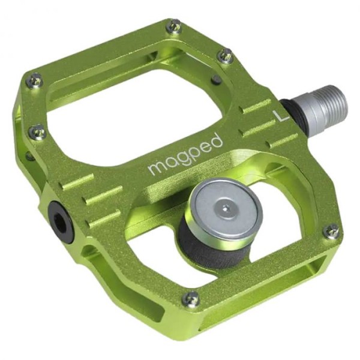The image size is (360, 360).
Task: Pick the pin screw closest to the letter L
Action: pyautogui.click(x=225, y=56)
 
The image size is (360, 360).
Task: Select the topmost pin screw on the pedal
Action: pyautogui.click(x=174, y=26)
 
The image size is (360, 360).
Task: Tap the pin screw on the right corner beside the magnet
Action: pyautogui.click(x=331, y=231)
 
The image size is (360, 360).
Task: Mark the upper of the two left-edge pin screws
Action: pyautogui.click(x=35, y=80)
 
